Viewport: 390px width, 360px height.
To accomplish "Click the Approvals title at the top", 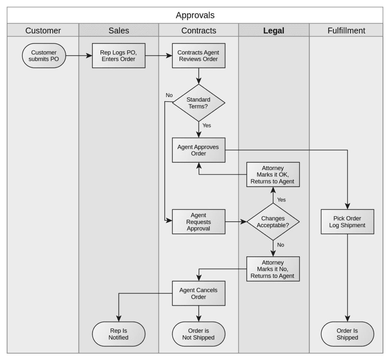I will [x=195, y=15].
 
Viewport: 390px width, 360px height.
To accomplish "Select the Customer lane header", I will [x=43, y=30].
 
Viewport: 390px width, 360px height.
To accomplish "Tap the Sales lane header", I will [x=119, y=30].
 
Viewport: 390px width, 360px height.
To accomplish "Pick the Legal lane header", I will [x=273, y=30].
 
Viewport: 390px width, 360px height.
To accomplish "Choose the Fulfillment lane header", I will [x=346, y=30].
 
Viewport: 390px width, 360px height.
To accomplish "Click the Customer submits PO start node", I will [x=43, y=56].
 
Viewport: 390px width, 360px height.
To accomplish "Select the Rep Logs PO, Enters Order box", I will [x=118, y=56].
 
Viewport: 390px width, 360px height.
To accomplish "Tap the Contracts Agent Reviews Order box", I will [x=198, y=56].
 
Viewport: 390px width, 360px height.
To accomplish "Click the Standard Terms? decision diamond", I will [x=198, y=103].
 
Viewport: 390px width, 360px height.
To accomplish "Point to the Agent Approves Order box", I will [x=198, y=150].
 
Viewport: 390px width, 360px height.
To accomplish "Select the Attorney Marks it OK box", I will [x=272, y=175].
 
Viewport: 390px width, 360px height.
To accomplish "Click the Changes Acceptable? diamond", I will [x=273, y=221].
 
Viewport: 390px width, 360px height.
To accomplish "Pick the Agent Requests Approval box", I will [x=198, y=221].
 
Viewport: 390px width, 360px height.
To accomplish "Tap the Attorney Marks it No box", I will [x=272, y=269].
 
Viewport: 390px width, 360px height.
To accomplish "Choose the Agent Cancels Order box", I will [x=198, y=293].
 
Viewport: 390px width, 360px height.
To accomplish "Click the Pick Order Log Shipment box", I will [x=347, y=221].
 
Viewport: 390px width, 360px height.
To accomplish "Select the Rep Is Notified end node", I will [x=119, y=334].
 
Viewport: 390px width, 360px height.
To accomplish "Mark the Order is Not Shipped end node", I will [x=198, y=334].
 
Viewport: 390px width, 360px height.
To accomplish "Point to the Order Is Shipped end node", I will [x=347, y=334].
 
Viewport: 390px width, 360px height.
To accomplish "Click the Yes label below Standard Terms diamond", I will [x=206, y=125].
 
